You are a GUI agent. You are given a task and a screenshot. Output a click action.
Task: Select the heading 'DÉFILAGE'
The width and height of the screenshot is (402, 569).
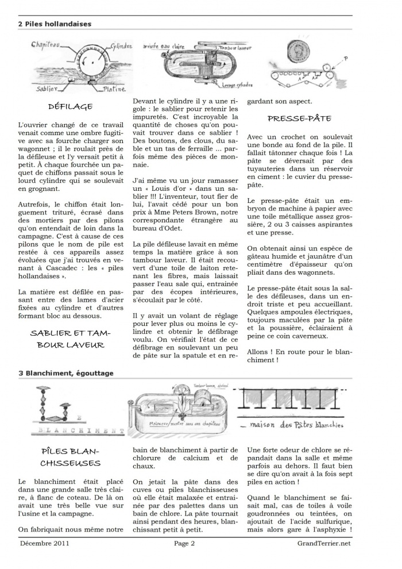71,106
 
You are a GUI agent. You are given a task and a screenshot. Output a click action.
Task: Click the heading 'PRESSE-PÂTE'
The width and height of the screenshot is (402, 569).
299,118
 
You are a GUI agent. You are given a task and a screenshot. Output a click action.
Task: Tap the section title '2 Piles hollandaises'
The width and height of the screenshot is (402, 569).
55,24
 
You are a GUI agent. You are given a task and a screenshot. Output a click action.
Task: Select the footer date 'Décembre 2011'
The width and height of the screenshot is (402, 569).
45,543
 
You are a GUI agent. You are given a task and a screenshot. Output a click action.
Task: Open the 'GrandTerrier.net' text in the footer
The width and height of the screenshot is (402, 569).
323,543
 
